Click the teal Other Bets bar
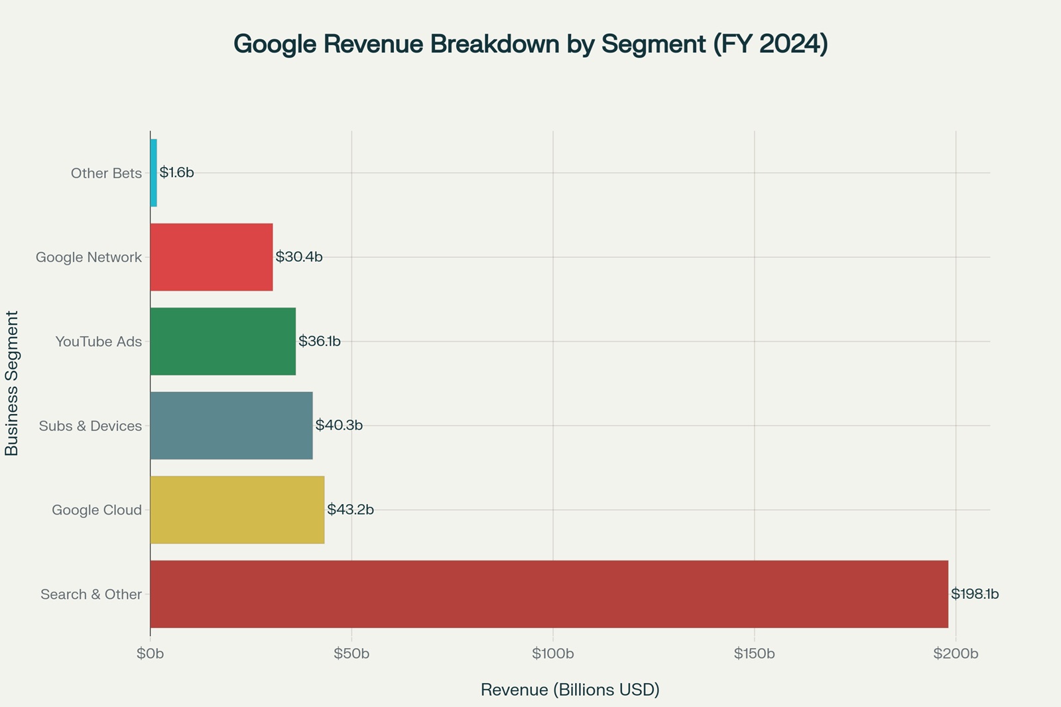pos(154,172)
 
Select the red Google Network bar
pos(212,257)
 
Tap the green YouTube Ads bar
pos(223,341)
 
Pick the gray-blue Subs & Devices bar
pos(231,425)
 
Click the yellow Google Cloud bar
pos(237,509)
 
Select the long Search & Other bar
pos(549,594)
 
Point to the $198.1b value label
pos(974,594)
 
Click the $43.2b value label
pos(350,509)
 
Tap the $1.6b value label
pos(176,172)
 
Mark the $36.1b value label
pos(319,341)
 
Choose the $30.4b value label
pos(298,257)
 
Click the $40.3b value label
pos(339,425)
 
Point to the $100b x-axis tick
pos(553,654)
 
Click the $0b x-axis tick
pos(151,654)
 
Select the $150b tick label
pos(755,654)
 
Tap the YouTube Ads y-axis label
pos(98,342)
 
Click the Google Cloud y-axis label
pos(97,510)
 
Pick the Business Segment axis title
pos(12,383)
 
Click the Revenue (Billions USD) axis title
pos(570,690)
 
